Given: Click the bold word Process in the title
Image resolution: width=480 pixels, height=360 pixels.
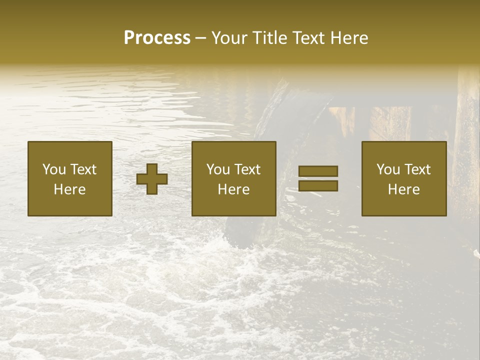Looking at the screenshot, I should pos(157,38).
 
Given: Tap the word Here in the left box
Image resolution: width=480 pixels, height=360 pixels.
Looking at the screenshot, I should pos(69,189).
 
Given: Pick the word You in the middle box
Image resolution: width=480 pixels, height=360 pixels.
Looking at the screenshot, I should pos(217,169).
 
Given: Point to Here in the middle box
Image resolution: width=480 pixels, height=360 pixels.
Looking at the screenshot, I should pos(233,189).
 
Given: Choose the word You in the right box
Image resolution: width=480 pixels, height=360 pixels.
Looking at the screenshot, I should pos(387,169).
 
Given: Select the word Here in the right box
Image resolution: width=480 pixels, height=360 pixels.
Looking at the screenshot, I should pos(403,189).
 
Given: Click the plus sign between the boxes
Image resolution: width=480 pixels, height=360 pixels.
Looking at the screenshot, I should pos(152,179).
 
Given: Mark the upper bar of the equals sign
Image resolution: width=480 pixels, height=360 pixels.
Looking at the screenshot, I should pos(318,171).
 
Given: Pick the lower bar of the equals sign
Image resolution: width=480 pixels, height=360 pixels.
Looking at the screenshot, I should pos(318,186).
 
